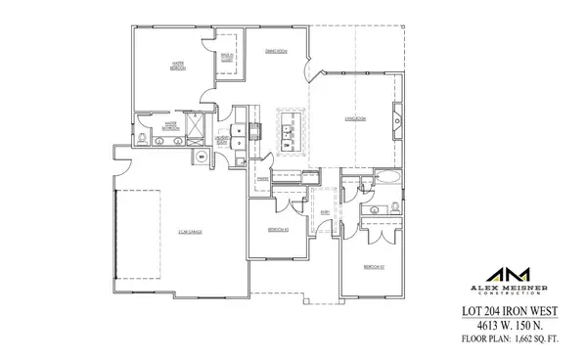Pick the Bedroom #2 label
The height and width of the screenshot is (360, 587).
click(374, 265)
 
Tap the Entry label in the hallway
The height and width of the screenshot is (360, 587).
click(324, 212)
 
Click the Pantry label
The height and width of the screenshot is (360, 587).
click(263, 180)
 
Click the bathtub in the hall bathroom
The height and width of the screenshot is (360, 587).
click(386, 180)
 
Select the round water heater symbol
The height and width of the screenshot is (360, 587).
click(202, 156)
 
